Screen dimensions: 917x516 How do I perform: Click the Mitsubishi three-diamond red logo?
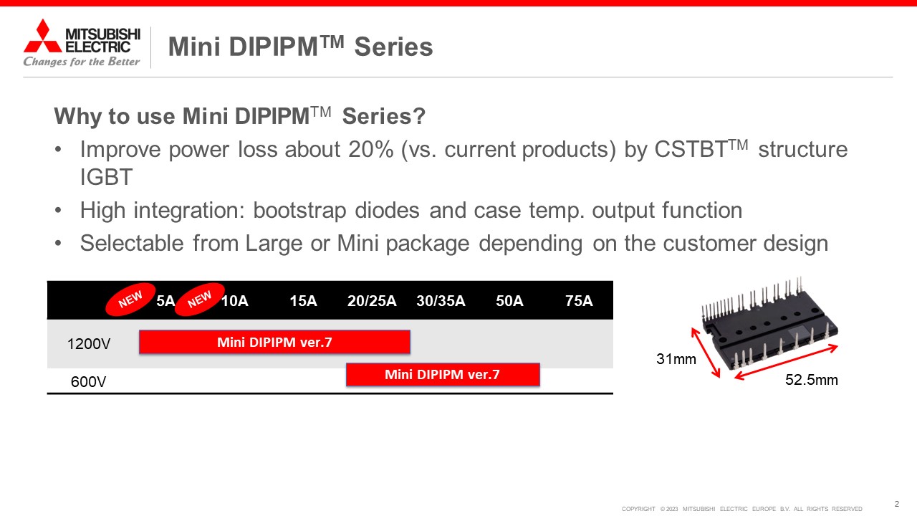click(42, 36)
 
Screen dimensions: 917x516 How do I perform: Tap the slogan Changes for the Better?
click(82, 62)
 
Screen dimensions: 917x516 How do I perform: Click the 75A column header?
click(579, 301)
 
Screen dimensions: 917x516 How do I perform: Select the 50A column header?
click(509, 301)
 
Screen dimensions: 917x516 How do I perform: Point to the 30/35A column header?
click(441, 301)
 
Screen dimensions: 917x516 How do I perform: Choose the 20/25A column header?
click(372, 301)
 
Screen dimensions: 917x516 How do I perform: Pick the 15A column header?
click(303, 301)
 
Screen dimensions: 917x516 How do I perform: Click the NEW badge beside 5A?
click(130, 300)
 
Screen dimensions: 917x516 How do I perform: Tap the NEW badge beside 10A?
click(199, 300)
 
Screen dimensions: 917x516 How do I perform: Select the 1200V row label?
click(89, 344)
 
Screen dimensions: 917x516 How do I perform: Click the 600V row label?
click(88, 382)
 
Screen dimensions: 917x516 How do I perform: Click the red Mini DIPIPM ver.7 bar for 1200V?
click(274, 342)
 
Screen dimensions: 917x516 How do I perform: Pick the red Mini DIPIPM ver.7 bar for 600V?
click(443, 374)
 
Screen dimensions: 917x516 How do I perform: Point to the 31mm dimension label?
click(676, 359)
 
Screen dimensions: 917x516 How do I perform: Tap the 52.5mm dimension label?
click(812, 380)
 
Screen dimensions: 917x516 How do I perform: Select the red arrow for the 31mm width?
click(706, 353)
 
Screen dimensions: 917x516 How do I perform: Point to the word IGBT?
click(106, 177)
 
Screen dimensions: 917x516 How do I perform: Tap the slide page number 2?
click(896, 504)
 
